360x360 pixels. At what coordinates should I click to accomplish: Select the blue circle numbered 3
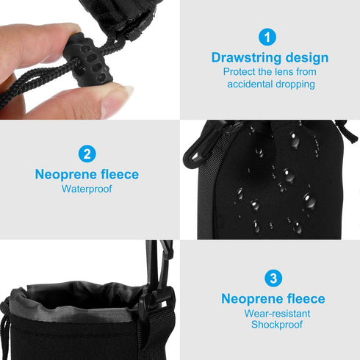coord(273,278)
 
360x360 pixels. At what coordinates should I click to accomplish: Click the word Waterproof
coord(87,189)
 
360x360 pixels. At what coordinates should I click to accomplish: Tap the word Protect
coord(240,72)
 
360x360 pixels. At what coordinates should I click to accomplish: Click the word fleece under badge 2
coord(117,175)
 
